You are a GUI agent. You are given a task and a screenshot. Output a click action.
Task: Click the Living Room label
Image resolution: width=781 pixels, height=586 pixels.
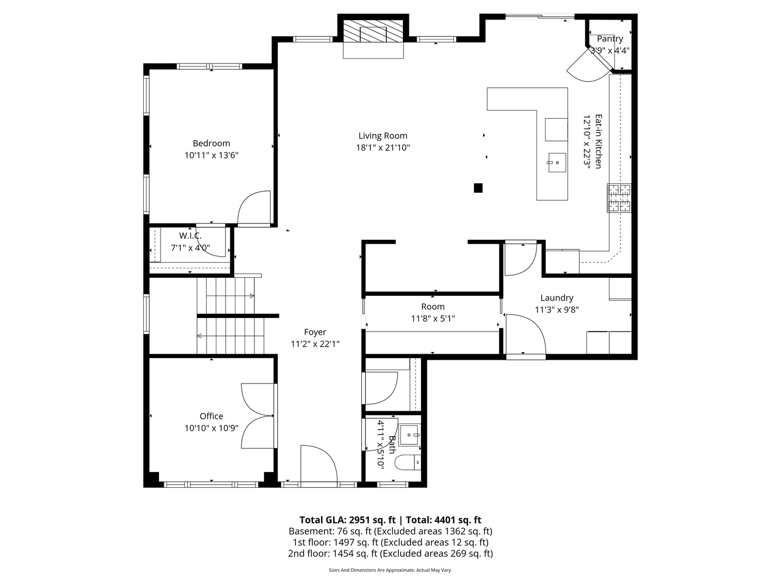tap(382, 136)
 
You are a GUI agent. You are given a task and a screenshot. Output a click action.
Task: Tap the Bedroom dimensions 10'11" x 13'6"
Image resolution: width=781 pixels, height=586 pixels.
tap(212, 155)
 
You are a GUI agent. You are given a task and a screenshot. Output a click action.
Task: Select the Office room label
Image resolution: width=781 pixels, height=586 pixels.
tap(212, 416)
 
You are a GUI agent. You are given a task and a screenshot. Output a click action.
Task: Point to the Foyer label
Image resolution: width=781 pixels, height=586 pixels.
tap(315, 332)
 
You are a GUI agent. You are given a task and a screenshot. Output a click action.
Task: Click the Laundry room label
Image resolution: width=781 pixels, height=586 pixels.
tap(557, 298)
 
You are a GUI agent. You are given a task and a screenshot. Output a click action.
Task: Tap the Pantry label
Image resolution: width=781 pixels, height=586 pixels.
tap(610, 39)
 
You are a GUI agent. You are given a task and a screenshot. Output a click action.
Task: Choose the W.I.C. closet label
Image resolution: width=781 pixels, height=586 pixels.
tap(190, 235)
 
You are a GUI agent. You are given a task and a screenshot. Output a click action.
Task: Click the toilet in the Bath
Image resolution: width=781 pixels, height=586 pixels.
tap(408, 462)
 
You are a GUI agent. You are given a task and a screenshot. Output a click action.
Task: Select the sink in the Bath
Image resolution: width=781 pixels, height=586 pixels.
tap(409, 435)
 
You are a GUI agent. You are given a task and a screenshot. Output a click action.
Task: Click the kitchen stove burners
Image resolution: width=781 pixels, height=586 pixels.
tap(619, 198)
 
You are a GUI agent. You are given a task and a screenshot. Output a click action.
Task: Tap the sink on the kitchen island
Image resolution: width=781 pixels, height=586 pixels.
tap(557, 163)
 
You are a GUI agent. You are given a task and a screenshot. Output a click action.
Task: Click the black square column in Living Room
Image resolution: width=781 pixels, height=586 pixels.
tap(478, 188)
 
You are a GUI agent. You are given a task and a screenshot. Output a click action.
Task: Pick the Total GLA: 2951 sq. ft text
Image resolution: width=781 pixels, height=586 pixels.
tap(348, 520)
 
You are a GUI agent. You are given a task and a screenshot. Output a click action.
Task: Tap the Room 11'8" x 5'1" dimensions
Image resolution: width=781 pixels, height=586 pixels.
tap(433, 319)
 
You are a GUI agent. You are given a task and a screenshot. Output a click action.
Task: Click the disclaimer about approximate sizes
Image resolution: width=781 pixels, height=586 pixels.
tap(390, 570)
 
